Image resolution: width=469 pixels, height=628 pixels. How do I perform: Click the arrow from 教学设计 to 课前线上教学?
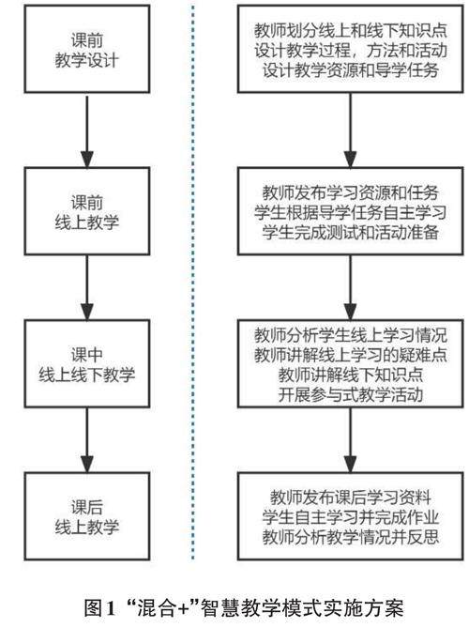[87, 131]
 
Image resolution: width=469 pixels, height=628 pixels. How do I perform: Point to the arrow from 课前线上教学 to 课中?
[87, 287]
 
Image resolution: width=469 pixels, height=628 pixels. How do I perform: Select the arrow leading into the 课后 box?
[87, 440]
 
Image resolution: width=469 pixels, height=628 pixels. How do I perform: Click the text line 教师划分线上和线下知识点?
[351, 30]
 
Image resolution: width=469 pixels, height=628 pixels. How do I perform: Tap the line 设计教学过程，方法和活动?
[351, 51]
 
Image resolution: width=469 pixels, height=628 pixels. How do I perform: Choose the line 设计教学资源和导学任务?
[351, 70]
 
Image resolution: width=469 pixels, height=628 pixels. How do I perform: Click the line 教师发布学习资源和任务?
[351, 192]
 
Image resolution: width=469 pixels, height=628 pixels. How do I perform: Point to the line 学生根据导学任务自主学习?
[351, 212]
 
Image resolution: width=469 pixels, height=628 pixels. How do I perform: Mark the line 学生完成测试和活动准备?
[351, 232]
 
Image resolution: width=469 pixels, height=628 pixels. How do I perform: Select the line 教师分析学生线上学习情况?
[351, 335]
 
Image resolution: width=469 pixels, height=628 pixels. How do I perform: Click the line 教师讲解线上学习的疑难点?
[351, 355]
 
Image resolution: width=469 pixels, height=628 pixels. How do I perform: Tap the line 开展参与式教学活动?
[351, 395]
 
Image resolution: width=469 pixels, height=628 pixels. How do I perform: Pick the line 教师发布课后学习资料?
[351, 497]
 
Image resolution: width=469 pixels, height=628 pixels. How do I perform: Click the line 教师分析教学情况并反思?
[351, 537]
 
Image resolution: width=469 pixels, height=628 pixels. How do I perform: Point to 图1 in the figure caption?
[99, 608]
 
